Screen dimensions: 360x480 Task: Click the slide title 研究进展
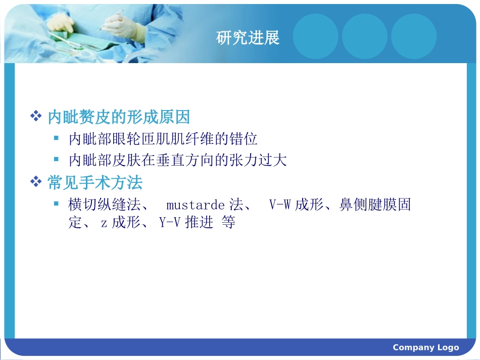(x=248, y=38)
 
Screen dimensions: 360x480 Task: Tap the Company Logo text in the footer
(x=425, y=347)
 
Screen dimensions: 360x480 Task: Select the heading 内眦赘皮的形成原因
(x=119, y=118)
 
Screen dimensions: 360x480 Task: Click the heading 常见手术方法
(x=95, y=182)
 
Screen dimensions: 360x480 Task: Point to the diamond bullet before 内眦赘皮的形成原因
(x=36, y=117)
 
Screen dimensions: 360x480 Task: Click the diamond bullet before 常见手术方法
(x=36, y=182)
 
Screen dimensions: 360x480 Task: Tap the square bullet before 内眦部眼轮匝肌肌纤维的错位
(x=57, y=137)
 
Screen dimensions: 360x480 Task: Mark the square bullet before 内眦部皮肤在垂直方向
(x=57, y=159)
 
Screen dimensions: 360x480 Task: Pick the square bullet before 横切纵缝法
(x=57, y=203)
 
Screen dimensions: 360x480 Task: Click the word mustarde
(x=195, y=205)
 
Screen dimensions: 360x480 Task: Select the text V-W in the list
(x=280, y=205)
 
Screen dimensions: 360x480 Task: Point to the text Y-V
(x=170, y=223)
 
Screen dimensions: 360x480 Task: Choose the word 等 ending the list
(x=228, y=223)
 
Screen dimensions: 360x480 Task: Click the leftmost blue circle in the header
(x=316, y=36)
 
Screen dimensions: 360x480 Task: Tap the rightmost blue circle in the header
(x=414, y=36)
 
